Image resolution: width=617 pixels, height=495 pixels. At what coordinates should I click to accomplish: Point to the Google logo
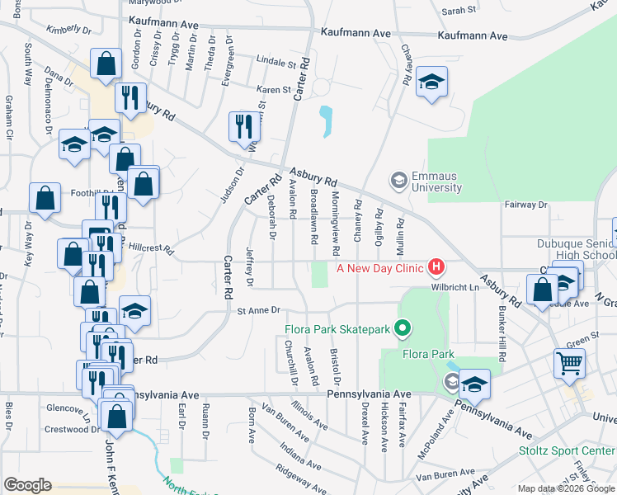coord(27,485)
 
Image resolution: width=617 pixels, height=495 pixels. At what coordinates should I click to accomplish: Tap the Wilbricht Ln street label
coord(453,288)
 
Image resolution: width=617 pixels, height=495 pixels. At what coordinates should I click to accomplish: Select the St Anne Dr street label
coord(259,310)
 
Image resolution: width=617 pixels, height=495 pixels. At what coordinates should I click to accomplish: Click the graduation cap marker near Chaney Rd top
coord(431,81)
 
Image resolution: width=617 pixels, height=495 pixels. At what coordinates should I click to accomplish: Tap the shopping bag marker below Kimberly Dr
coord(106,63)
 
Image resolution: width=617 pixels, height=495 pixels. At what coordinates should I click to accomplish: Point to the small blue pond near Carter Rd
coord(327,121)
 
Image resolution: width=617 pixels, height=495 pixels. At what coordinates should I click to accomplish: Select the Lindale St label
coord(276,62)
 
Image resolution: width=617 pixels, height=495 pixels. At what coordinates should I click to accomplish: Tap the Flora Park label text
coord(405,355)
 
